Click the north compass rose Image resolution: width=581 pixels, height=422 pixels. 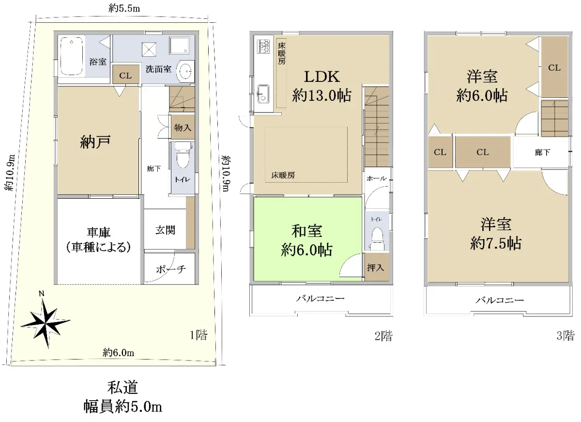46,322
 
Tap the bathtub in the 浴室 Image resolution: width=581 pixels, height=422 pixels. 71,56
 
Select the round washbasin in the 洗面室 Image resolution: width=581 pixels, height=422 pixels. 185,71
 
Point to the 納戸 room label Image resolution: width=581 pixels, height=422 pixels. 95,141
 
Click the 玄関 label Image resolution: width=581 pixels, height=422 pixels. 165,230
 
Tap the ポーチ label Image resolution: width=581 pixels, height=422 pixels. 171,269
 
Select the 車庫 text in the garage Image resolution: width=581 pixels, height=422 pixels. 99,232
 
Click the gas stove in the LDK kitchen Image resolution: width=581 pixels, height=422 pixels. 263,46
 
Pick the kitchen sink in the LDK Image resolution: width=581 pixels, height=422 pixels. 263,94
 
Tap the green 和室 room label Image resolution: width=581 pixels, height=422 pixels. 307,231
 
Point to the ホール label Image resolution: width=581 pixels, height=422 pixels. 377,178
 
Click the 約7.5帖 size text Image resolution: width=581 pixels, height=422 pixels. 496,243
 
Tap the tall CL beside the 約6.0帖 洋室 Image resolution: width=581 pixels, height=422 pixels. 554,67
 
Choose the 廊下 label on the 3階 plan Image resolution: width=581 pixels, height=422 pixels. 542,152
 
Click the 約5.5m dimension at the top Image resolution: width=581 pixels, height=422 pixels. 124,9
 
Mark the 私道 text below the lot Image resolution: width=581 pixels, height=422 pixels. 122,388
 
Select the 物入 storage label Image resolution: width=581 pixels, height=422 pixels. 183,127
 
